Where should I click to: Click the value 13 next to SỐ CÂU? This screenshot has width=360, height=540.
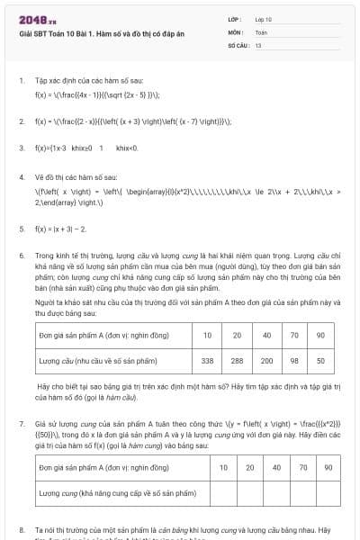coord(258,43)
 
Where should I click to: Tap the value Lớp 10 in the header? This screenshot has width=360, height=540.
coord(264,19)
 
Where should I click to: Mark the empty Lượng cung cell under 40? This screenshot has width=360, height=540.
coord(276,493)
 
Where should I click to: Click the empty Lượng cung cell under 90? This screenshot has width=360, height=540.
coord(328,493)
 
